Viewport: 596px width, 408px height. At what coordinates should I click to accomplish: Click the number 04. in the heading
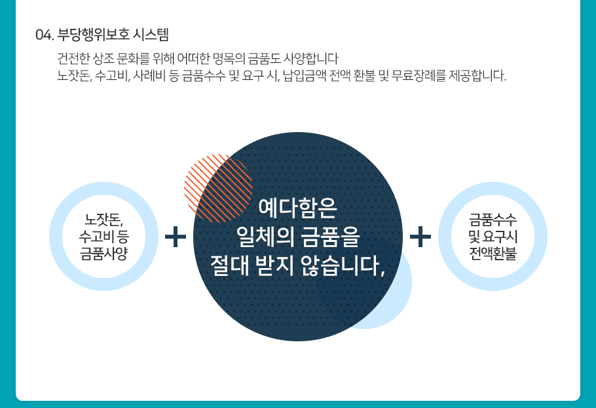(x=45, y=35)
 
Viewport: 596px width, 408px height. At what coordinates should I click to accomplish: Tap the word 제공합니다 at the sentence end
(x=477, y=76)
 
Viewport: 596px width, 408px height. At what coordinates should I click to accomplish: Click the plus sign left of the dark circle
(x=176, y=237)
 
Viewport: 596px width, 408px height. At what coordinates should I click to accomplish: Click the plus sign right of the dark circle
(x=420, y=237)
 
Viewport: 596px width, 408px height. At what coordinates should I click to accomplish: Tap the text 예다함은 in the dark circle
(x=297, y=208)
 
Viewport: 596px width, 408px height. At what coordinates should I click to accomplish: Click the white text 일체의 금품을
(x=297, y=237)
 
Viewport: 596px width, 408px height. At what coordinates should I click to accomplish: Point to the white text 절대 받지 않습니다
(x=297, y=265)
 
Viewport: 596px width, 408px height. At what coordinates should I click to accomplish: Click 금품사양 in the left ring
(x=103, y=254)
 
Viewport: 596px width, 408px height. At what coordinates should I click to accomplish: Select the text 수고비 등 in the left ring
(x=103, y=237)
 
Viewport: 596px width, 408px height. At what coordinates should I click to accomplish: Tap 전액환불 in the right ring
(x=493, y=254)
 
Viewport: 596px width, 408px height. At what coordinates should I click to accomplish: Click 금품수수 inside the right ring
(x=493, y=220)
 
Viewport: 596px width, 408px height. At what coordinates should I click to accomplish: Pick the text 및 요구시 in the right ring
(x=493, y=237)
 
